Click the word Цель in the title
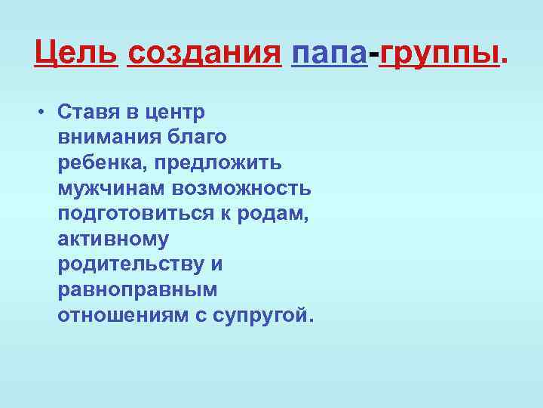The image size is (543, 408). tap(76, 53)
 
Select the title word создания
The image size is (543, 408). tap(204, 53)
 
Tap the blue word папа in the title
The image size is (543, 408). tap(328, 53)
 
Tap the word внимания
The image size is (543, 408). tap(105, 138)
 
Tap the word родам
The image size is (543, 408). tap(279, 214)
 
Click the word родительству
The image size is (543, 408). tap(131, 264)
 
